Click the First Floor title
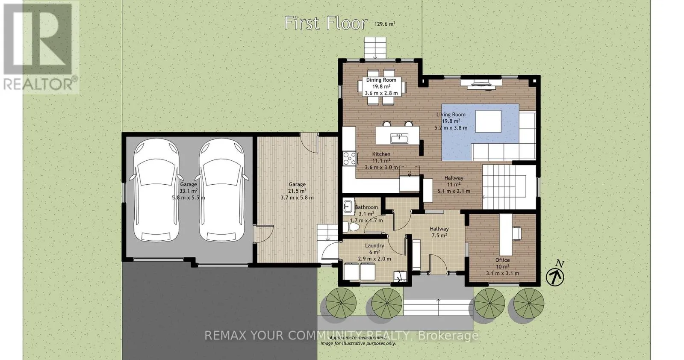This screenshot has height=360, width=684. coord(325,23)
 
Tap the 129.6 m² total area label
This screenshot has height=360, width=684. coord(385,24)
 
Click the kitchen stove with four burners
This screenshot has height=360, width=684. coord(350,159)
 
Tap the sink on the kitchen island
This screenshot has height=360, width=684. coord(399,139)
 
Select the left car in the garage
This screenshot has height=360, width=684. coord(156,190)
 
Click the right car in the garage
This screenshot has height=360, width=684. coord(222,190)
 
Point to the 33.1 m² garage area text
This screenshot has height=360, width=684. coord(189,191)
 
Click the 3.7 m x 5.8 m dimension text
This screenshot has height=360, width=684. coord(297,198)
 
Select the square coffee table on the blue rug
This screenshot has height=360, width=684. coord(488,121)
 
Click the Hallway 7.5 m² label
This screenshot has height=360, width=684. coord(439,232)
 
